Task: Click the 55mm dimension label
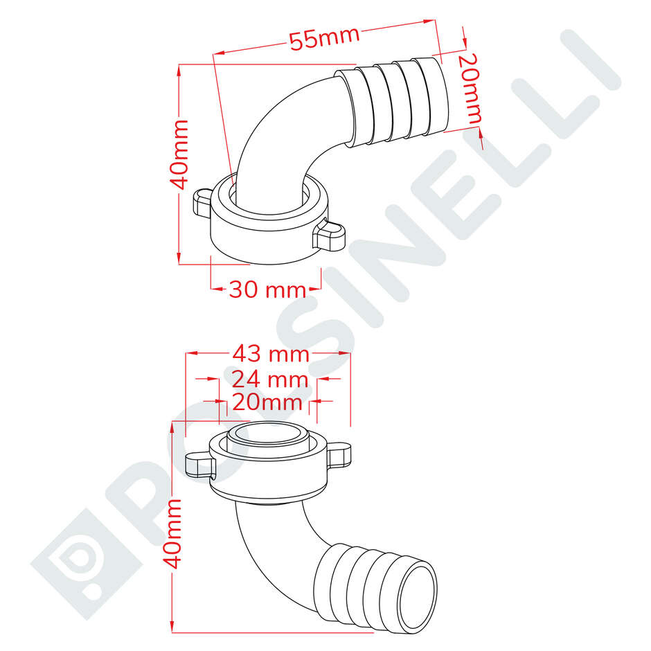point(324,39)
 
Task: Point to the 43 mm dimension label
point(270,354)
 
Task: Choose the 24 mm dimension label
point(269,380)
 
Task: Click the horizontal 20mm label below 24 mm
point(267,402)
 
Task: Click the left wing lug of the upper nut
point(201,203)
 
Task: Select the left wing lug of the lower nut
point(198,463)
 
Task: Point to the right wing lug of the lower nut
point(339,454)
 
